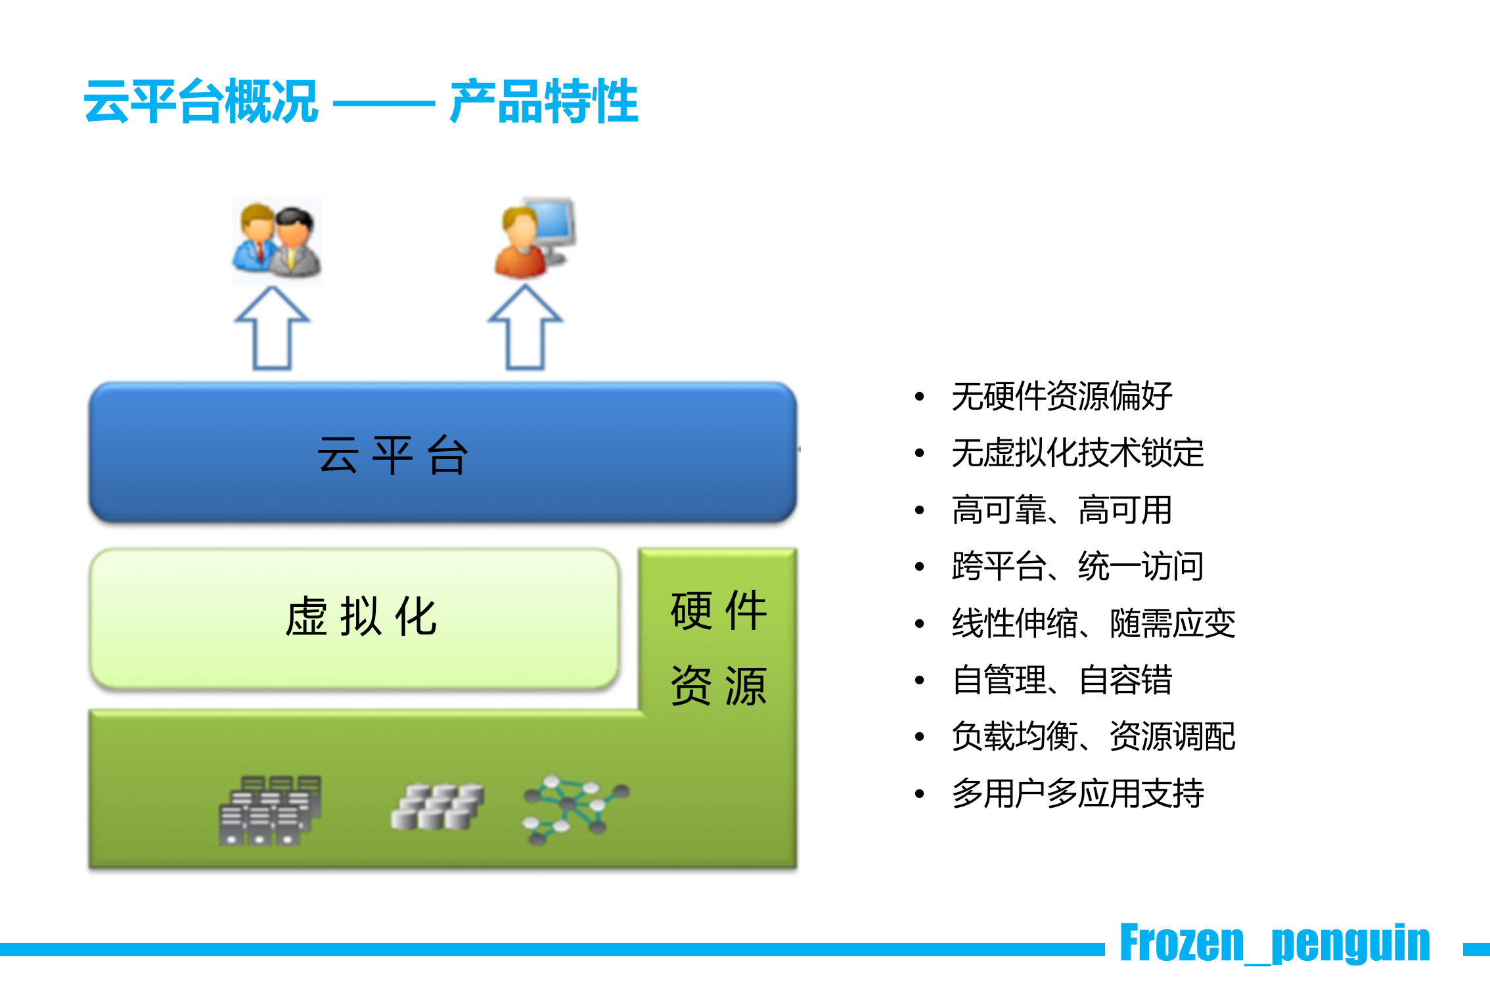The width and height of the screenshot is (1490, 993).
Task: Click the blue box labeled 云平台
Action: (x=442, y=453)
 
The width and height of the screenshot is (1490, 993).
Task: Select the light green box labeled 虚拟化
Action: (x=355, y=617)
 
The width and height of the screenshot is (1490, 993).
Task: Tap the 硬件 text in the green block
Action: (x=719, y=611)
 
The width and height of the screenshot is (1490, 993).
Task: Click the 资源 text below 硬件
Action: (x=719, y=686)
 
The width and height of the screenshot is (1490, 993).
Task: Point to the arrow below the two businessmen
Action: (x=272, y=328)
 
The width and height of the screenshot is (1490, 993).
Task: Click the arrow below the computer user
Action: (x=525, y=328)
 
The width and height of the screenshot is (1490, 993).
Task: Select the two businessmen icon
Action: (x=277, y=240)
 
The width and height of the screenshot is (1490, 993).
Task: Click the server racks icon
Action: (x=270, y=810)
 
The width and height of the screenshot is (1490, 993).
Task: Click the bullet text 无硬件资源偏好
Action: (x=1062, y=396)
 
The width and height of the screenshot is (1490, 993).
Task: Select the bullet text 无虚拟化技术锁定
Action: (x=1077, y=453)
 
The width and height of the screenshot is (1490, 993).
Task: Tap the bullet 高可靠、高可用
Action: (x=1062, y=510)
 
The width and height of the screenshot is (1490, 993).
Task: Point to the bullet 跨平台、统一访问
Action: (x=1077, y=566)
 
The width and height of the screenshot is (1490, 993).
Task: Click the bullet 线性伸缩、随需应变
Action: (x=1093, y=623)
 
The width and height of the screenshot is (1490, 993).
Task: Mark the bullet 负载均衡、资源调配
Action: (x=1093, y=736)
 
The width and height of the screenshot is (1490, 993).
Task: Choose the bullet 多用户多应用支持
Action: (x=1077, y=793)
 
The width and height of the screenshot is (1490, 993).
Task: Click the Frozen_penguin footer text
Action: (x=1275, y=943)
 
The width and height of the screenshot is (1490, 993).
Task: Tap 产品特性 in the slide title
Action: (x=544, y=102)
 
